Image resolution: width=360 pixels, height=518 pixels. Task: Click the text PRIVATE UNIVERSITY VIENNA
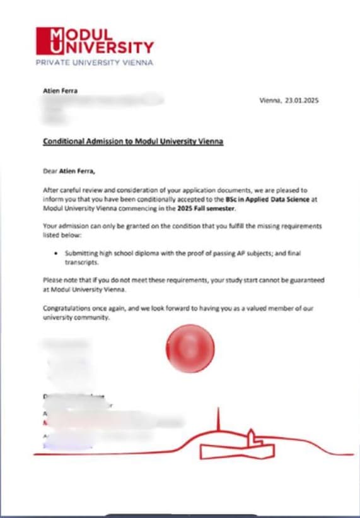click(x=95, y=62)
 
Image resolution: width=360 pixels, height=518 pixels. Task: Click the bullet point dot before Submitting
click(x=57, y=252)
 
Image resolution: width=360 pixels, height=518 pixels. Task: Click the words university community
click(x=76, y=317)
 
